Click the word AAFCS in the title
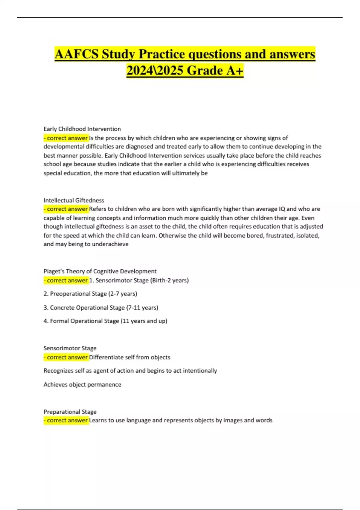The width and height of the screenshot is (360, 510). pyautogui.click(x=76, y=54)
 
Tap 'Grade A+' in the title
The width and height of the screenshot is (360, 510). pyautogui.click(x=215, y=71)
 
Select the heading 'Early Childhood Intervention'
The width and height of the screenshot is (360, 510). pyautogui.click(x=82, y=129)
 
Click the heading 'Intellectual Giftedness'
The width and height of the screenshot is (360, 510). pyautogui.click(x=74, y=200)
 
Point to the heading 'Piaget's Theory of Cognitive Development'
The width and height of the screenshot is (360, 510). pyautogui.click(x=100, y=271)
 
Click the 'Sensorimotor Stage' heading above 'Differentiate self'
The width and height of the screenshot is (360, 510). pyautogui.click(x=70, y=348)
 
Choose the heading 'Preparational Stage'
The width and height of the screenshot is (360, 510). pyautogui.click(x=70, y=412)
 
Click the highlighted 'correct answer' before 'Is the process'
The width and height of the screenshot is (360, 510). pyautogui.click(x=67, y=138)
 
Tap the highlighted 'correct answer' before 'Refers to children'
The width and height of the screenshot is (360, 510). pyautogui.click(x=67, y=209)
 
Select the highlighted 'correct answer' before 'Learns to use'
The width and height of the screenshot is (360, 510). pyautogui.click(x=67, y=420)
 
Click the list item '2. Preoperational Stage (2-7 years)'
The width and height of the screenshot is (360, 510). pyautogui.click(x=90, y=294)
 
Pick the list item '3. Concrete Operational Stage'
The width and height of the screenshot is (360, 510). pyautogui.click(x=101, y=307)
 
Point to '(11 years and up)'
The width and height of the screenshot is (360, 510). pyautogui.click(x=144, y=321)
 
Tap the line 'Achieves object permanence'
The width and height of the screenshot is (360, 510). pyautogui.click(x=82, y=385)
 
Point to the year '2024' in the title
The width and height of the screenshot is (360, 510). pyautogui.click(x=140, y=71)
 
